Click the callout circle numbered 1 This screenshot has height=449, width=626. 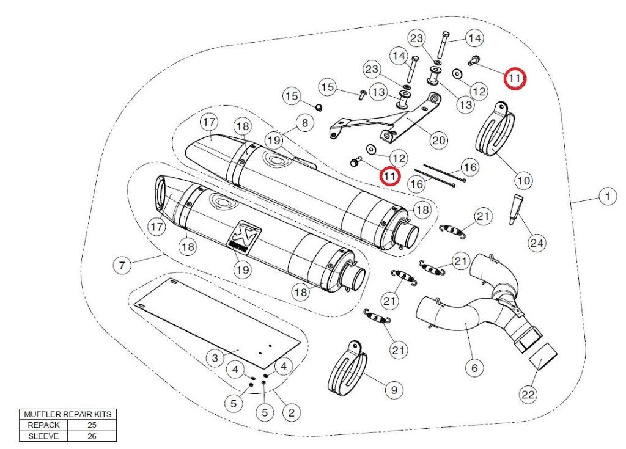click(607, 197)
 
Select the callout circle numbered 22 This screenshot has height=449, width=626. click(528, 395)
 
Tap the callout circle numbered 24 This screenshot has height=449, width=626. click(537, 244)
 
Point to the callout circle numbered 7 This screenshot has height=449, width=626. click(122, 265)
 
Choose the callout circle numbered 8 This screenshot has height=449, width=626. click(304, 123)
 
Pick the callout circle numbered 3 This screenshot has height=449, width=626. click(215, 358)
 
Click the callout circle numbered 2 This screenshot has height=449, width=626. click(291, 413)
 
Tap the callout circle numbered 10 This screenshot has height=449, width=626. click(523, 180)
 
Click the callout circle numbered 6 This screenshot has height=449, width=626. click(474, 368)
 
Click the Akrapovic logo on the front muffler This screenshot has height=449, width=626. click(246, 233)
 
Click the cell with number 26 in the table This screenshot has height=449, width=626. click(92, 436)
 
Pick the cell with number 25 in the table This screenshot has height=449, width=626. click(92, 425)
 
